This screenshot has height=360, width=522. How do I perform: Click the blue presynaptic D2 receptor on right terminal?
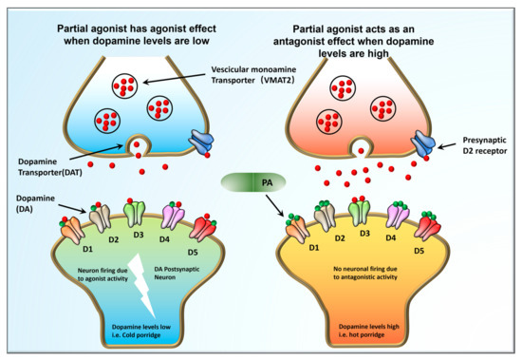pos(419,141)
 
